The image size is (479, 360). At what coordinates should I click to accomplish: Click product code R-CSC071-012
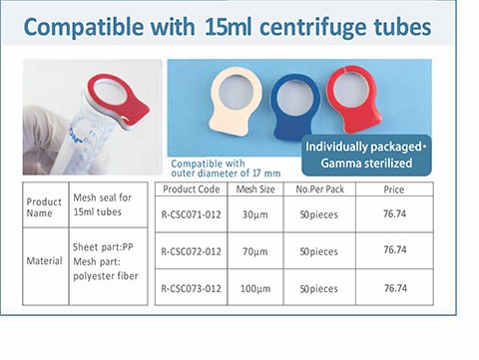(x=191, y=214)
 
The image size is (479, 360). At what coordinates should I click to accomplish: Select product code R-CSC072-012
(x=191, y=251)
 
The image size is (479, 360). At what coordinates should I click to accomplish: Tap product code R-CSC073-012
(x=191, y=288)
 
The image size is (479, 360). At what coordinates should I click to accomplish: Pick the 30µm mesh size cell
(x=255, y=214)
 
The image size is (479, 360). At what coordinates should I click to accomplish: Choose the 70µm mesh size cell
(x=255, y=251)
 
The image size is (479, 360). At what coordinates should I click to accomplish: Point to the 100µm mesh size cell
(x=255, y=288)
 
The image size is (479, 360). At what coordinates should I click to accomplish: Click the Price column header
(x=394, y=189)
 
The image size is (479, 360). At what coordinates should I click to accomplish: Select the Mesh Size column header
(x=255, y=189)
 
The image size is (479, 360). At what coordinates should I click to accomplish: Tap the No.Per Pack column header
(x=320, y=189)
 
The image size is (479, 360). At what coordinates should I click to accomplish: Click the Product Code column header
(x=192, y=189)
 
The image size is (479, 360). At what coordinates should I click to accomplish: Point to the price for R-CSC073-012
(x=395, y=288)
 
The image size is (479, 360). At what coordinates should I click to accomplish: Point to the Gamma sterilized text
(x=366, y=163)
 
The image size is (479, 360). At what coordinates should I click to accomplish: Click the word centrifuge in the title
(x=313, y=27)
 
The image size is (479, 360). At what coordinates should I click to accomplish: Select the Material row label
(x=44, y=261)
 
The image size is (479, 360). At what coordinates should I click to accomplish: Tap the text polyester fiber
(x=106, y=276)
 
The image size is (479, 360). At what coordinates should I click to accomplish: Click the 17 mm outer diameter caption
(x=226, y=169)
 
